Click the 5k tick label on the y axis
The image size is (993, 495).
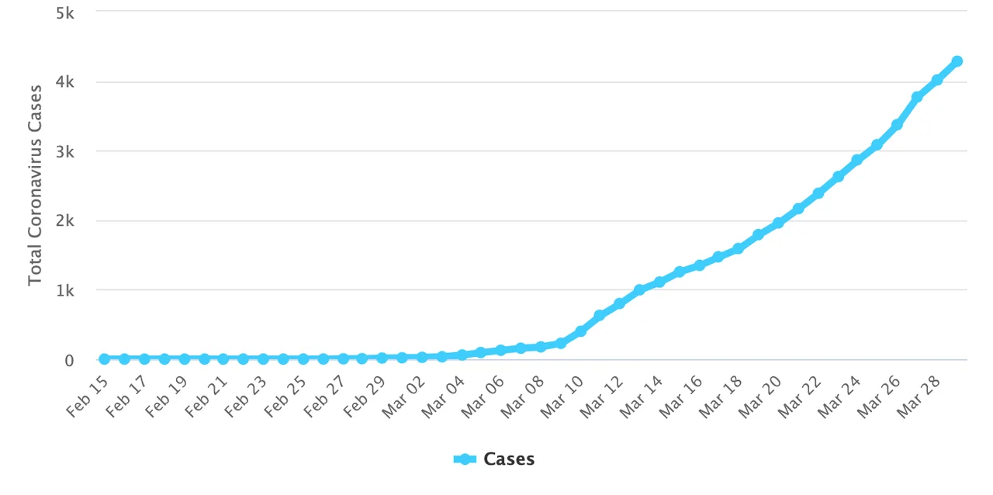(64, 12)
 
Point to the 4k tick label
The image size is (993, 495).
(64, 82)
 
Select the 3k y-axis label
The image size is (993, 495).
(64, 152)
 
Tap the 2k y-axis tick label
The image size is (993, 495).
(64, 221)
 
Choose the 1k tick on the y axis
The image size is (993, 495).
(64, 291)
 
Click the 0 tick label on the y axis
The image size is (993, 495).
(69, 361)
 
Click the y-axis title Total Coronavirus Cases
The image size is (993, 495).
(35, 186)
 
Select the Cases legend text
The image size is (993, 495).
(509, 459)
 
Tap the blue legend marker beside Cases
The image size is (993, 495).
(465, 459)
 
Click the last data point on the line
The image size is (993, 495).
(957, 61)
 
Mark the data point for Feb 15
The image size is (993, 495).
(104, 358)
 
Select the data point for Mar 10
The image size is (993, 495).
(580, 331)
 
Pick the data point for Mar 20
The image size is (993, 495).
(778, 223)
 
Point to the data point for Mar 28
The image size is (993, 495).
(937, 80)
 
